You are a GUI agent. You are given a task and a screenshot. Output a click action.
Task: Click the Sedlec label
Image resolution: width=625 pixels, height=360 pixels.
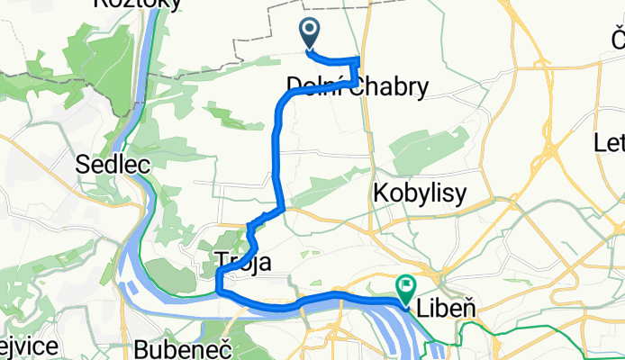[105, 164]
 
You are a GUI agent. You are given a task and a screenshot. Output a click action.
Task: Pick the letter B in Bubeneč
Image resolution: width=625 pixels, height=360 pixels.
[140, 346]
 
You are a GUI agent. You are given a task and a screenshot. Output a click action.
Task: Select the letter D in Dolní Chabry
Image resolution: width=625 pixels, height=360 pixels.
[294, 86]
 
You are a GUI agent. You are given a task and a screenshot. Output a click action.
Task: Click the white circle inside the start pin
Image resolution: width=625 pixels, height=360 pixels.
[310, 31]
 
